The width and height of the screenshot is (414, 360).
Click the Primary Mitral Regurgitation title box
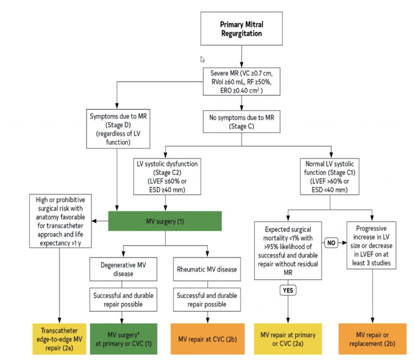pos(241,29)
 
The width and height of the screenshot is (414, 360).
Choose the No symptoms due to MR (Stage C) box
pos(241,122)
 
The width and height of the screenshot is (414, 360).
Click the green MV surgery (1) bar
pos(165,221)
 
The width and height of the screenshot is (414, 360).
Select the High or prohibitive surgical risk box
pos(59,221)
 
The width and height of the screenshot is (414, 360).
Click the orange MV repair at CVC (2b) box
pos(207,338)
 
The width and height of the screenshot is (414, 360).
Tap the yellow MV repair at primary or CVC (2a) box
pos(288,338)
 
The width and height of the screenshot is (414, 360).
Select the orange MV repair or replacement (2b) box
pos(371,338)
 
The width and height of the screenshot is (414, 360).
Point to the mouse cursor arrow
pos(203,59)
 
